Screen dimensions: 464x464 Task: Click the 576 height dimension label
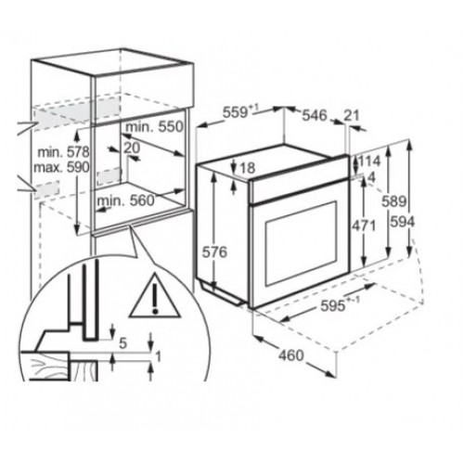click(214, 252)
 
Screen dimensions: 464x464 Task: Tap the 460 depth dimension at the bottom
click(291, 355)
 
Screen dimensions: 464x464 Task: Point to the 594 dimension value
click(402, 222)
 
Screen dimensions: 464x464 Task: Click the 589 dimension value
click(393, 201)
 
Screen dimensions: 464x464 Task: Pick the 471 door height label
click(364, 226)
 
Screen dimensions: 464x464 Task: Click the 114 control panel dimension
click(368, 161)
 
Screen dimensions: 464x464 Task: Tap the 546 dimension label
click(315, 115)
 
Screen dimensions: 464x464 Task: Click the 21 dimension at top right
click(352, 116)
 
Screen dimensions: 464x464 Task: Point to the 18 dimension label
click(248, 168)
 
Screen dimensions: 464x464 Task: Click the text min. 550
click(155, 127)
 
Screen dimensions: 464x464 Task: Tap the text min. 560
click(125, 201)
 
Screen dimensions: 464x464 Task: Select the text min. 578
click(63, 152)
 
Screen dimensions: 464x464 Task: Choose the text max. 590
click(61, 167)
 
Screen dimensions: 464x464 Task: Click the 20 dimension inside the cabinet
click(132, 148)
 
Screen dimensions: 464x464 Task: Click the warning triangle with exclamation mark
click(155, 295)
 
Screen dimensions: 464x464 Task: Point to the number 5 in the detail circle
click(123, 343)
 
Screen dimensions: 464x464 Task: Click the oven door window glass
click(302, 243)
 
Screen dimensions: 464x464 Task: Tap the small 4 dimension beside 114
click(371, 177)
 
